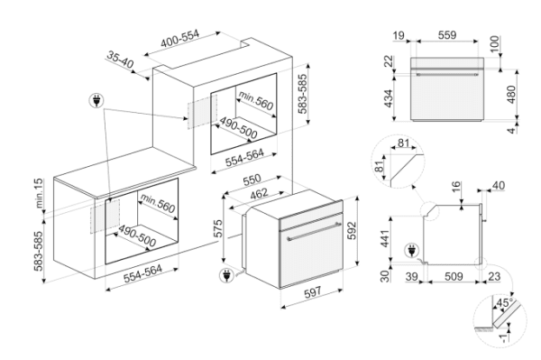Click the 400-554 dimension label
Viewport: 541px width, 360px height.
(x=179, y=39)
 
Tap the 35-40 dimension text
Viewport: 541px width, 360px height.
(x=120, y=60)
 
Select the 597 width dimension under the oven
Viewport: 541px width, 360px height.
(x=313, y=292)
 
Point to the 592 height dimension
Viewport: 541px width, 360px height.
(x=352, y=231)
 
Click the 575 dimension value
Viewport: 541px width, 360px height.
(x=218, y=228)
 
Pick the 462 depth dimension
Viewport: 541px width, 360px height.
(x=259, y=194)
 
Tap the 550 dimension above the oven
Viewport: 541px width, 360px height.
(x=252, y=180)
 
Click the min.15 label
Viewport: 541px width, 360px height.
(x=40, y=193)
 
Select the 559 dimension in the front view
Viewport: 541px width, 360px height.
(x=447, y=35)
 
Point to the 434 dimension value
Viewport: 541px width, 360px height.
(x=389, y=98)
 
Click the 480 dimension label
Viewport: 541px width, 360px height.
(x=511, y=94)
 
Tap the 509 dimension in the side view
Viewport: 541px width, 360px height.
(x=454, y=276)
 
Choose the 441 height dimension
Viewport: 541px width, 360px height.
(x=384, y=238)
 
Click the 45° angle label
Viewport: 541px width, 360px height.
(x=504, y=303)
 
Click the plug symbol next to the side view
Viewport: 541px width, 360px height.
(x=412, y=250)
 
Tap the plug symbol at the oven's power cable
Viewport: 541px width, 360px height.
(x=226, y=275)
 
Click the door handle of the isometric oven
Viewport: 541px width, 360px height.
(x=314, y=231)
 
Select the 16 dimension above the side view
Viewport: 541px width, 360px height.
(x=456, y=187)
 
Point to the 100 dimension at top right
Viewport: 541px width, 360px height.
(x=495, y=44)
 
